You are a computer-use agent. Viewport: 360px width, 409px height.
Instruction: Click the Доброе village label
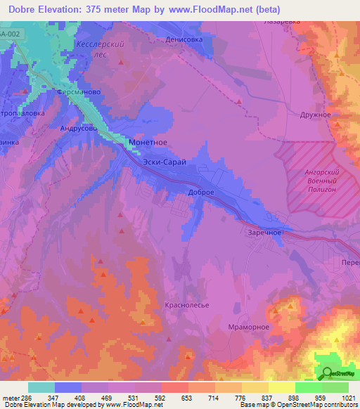click(x=200, y=192)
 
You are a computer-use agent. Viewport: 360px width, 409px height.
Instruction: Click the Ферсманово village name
click(x=80, y=92)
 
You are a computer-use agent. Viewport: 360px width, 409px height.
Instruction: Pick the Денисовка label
click(x=189, y=40)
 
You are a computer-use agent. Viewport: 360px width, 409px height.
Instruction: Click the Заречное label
click(x=265, y=232)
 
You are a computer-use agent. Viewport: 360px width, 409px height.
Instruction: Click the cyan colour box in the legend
click(x=41, y=387)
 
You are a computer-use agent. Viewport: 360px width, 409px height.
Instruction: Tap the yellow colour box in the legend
click(x=281, y=387)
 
